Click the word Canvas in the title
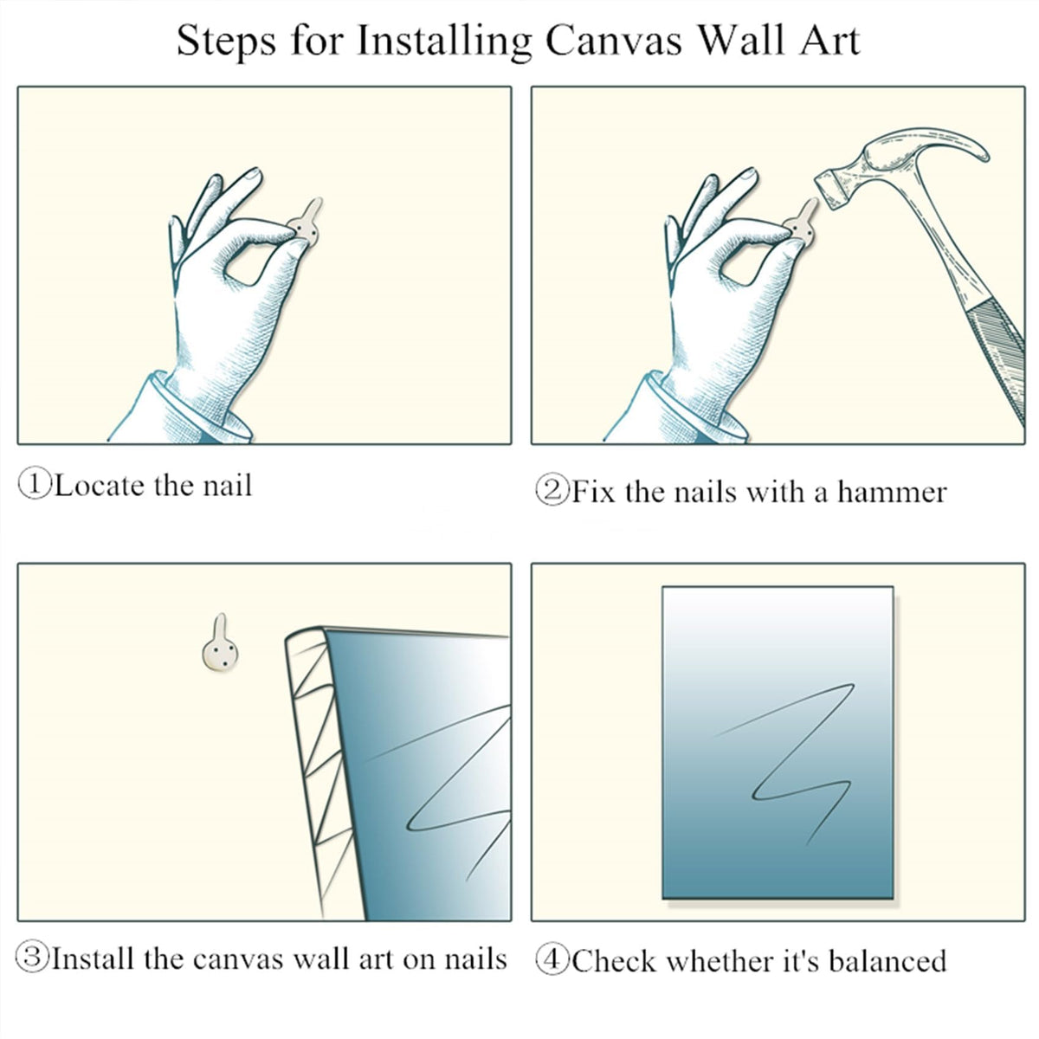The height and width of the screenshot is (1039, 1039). point(614,42)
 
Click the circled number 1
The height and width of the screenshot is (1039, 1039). point(35,484)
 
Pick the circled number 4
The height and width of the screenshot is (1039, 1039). point(552,960)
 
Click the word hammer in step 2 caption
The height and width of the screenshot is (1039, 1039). point(892,492)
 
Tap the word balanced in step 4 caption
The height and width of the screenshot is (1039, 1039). point(887,961)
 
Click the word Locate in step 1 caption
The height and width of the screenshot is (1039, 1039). point(100,485)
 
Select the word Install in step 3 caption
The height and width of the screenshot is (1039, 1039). point(94,958)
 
